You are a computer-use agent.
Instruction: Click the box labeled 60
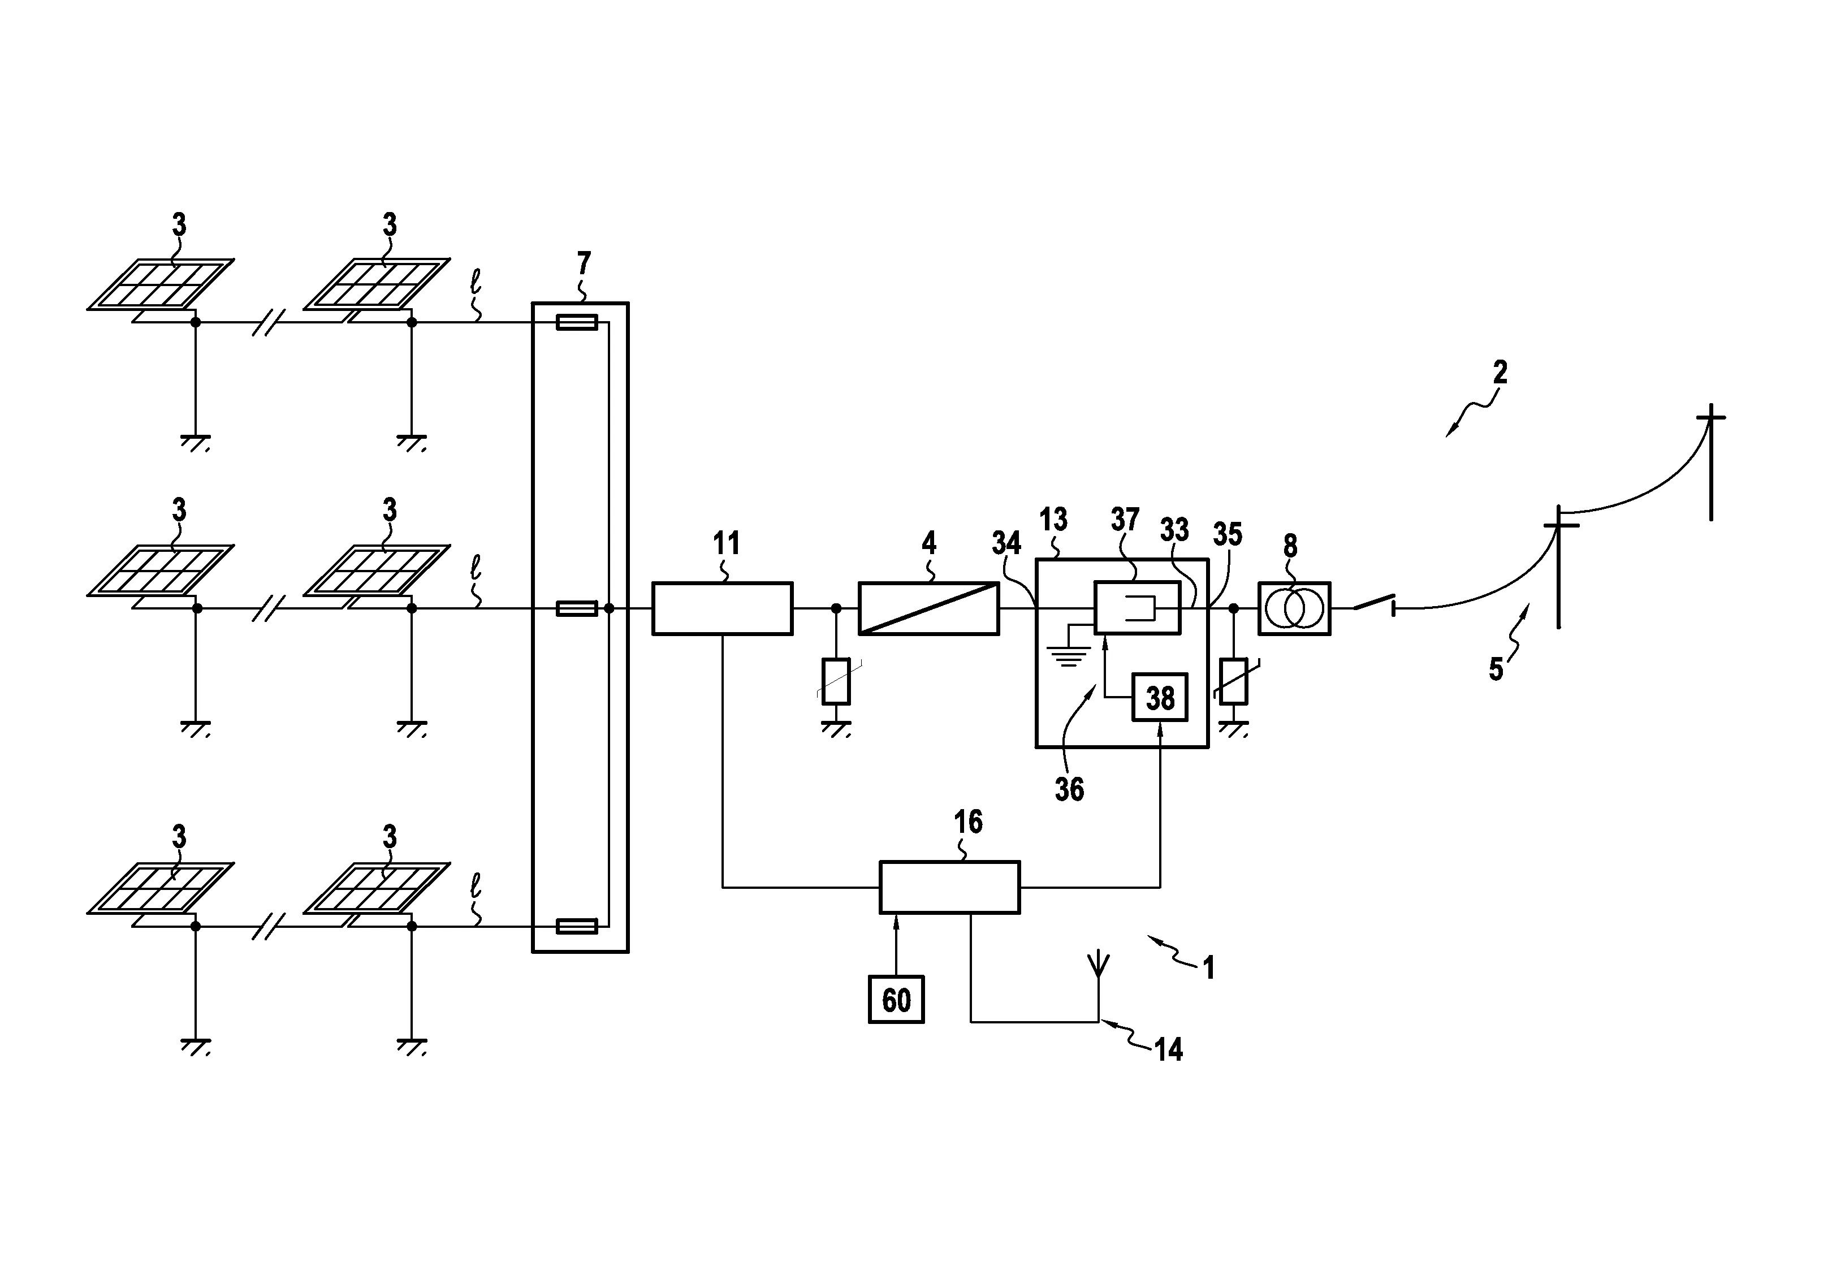[896, 1000]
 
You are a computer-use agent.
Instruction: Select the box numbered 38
[1159, 697]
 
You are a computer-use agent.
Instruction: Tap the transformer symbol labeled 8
[1294, 608]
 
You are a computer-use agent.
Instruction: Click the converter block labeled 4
[928, 608]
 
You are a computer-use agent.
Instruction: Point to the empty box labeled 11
[722, 608]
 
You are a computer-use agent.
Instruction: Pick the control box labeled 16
[949, 887]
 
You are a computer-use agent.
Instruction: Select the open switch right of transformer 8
[1373, 605]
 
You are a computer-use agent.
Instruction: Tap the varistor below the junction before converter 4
[836, 681]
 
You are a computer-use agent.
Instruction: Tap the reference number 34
[1006, 543]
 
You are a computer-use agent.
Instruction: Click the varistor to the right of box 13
[1233, 681]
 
